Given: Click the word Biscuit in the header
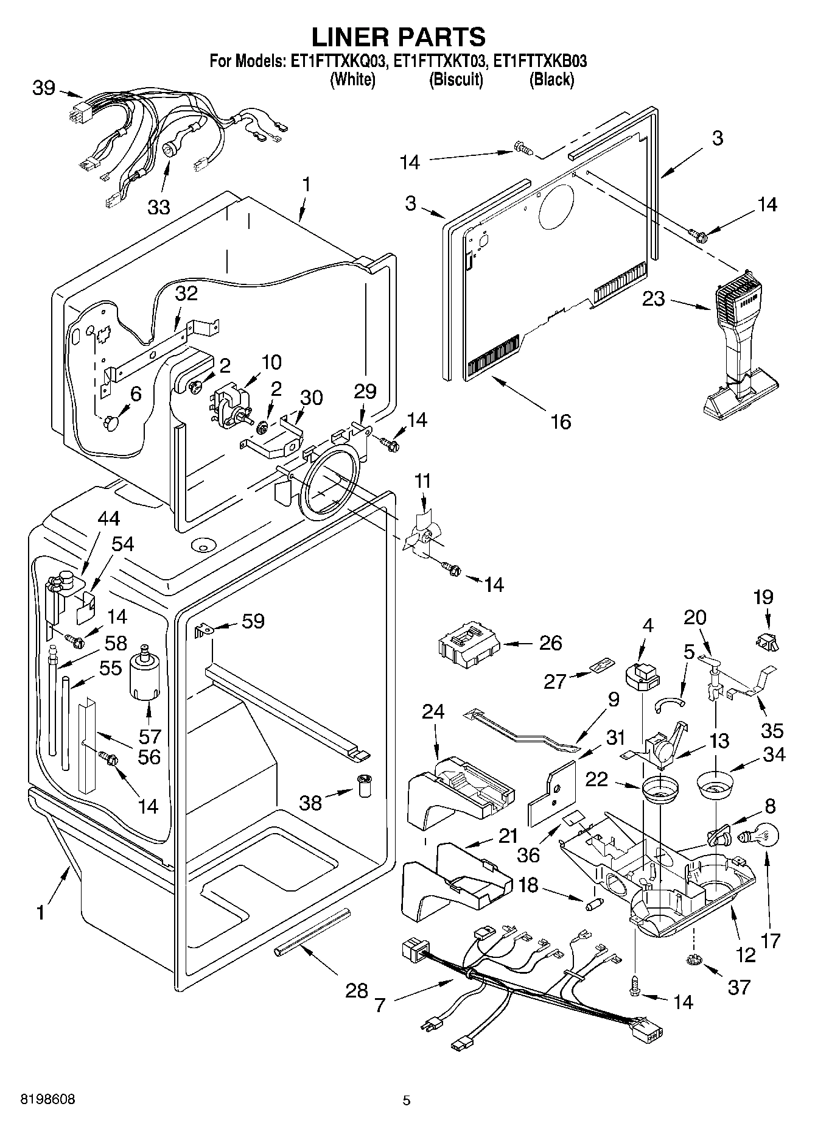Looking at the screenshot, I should pos(456,80).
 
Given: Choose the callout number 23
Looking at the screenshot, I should pos(653,299).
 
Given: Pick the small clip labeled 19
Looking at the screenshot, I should pos(766,640).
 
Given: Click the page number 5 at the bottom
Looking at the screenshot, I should pos(407,1100).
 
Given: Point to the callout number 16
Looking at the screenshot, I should pos(560,421).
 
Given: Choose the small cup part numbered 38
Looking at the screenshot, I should pos(365,786).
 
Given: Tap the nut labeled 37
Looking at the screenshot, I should pos(693,961).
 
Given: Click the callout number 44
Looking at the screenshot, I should pos(109,519).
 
